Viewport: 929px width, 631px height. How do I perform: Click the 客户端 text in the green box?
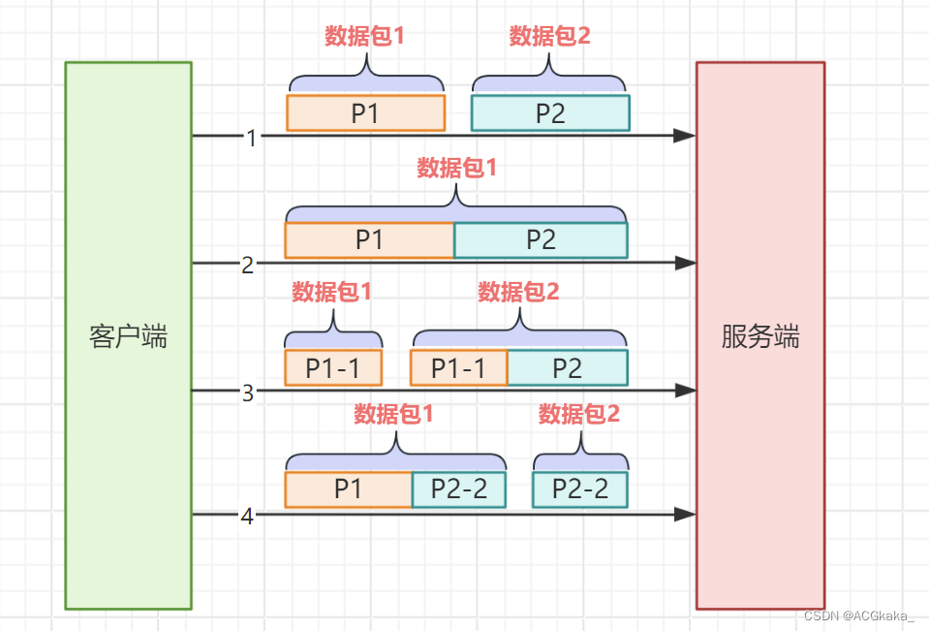[128, 336]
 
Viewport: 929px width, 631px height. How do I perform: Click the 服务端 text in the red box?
[760, 336]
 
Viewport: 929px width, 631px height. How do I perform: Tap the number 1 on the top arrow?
[252, 138]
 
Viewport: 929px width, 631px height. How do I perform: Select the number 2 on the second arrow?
[248, 264]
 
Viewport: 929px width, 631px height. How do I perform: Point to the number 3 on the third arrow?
[248, 393]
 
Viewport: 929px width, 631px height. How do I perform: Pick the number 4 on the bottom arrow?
[247, 517]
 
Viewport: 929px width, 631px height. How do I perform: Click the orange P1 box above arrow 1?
[365, 113]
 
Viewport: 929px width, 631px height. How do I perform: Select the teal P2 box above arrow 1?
[550, 113]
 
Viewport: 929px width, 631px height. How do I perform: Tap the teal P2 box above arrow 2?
[541, 240]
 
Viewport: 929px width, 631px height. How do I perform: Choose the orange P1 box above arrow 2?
[369, 240]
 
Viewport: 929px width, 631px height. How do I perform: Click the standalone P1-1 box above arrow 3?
[333, 368]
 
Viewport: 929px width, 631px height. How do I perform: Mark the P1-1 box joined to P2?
[459, 368]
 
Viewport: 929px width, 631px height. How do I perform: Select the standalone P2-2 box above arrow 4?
[580, 489]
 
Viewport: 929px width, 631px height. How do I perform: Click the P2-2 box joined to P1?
[459, 489]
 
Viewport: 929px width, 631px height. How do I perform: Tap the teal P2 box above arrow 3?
[568, 368]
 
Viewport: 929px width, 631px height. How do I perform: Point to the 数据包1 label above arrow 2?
[457, 168]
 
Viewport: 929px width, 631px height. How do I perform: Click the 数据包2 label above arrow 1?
[549, 37]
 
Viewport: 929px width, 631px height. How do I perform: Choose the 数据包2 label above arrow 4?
[578, 415]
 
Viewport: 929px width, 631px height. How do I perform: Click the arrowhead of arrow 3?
[686, 391]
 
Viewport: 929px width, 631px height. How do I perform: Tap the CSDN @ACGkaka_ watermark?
[859, 616]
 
